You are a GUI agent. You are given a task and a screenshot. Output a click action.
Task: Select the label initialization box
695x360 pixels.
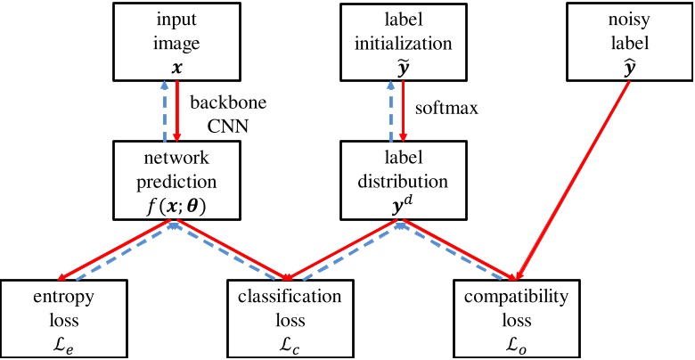403,41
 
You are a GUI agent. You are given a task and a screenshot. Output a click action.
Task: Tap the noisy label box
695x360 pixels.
628,41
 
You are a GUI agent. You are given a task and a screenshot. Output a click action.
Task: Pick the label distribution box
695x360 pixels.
403,181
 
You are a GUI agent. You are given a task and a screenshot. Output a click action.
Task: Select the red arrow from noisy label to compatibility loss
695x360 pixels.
575,178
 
